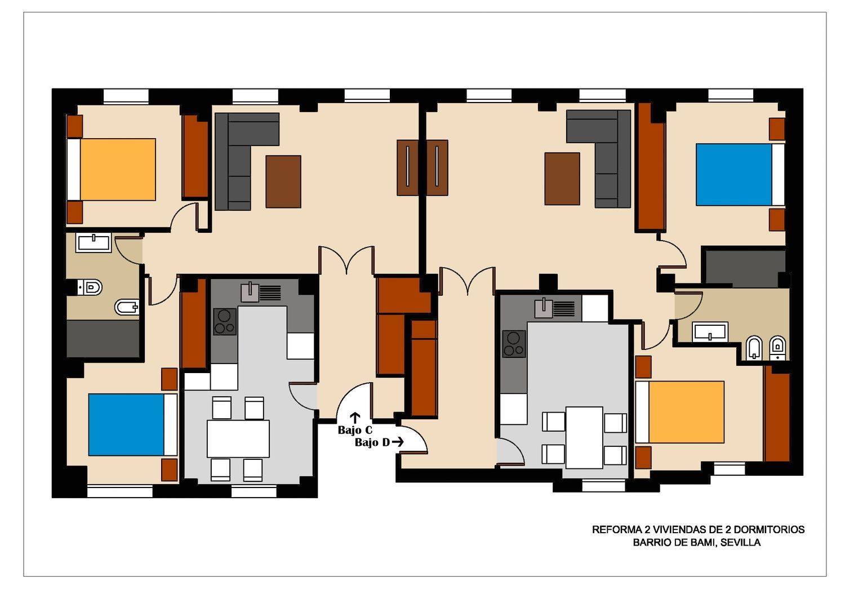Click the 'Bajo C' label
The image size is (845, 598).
pyautogui.click(x=355, y=430)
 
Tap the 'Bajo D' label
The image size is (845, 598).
pyautogui.click(x=372, y=442)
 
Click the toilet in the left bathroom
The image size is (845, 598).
pyautogui.click(x=90, y=287)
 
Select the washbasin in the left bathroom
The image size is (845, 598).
pyautogui.click(x=93, y=242)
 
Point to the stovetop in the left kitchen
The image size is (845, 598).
pyautogui.click(x=225, y=322)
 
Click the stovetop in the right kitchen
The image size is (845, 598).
pyautogui.click(x=514, y=344)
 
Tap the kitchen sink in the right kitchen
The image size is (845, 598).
pyautogui.click(x=544, y=308)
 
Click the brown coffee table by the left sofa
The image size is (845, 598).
pyautogui.click(x=283, y=181)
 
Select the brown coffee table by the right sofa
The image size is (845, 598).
pyautogui.click(x=562, y=179)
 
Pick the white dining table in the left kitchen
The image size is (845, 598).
pyautogui.click(x=238, y=438)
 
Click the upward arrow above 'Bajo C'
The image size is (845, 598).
pyautogui.click(x=355, y=418)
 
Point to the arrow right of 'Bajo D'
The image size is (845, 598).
pyautogui.click(x=398, y=442)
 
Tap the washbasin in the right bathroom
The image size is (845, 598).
pyautogui.click(x=710, y=331)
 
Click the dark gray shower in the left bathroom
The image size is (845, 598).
pyautogui.click(x=103, y=339)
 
